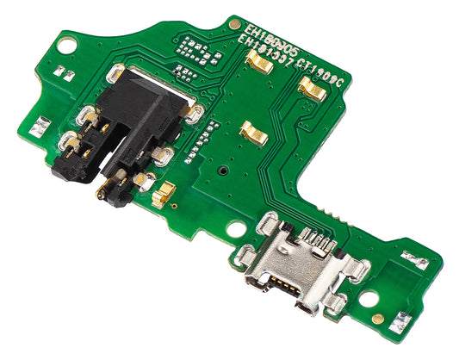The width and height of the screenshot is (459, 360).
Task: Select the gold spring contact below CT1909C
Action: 310,84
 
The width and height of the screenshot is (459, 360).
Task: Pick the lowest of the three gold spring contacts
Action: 253,130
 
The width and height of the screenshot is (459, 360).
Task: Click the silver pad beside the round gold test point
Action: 398,321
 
